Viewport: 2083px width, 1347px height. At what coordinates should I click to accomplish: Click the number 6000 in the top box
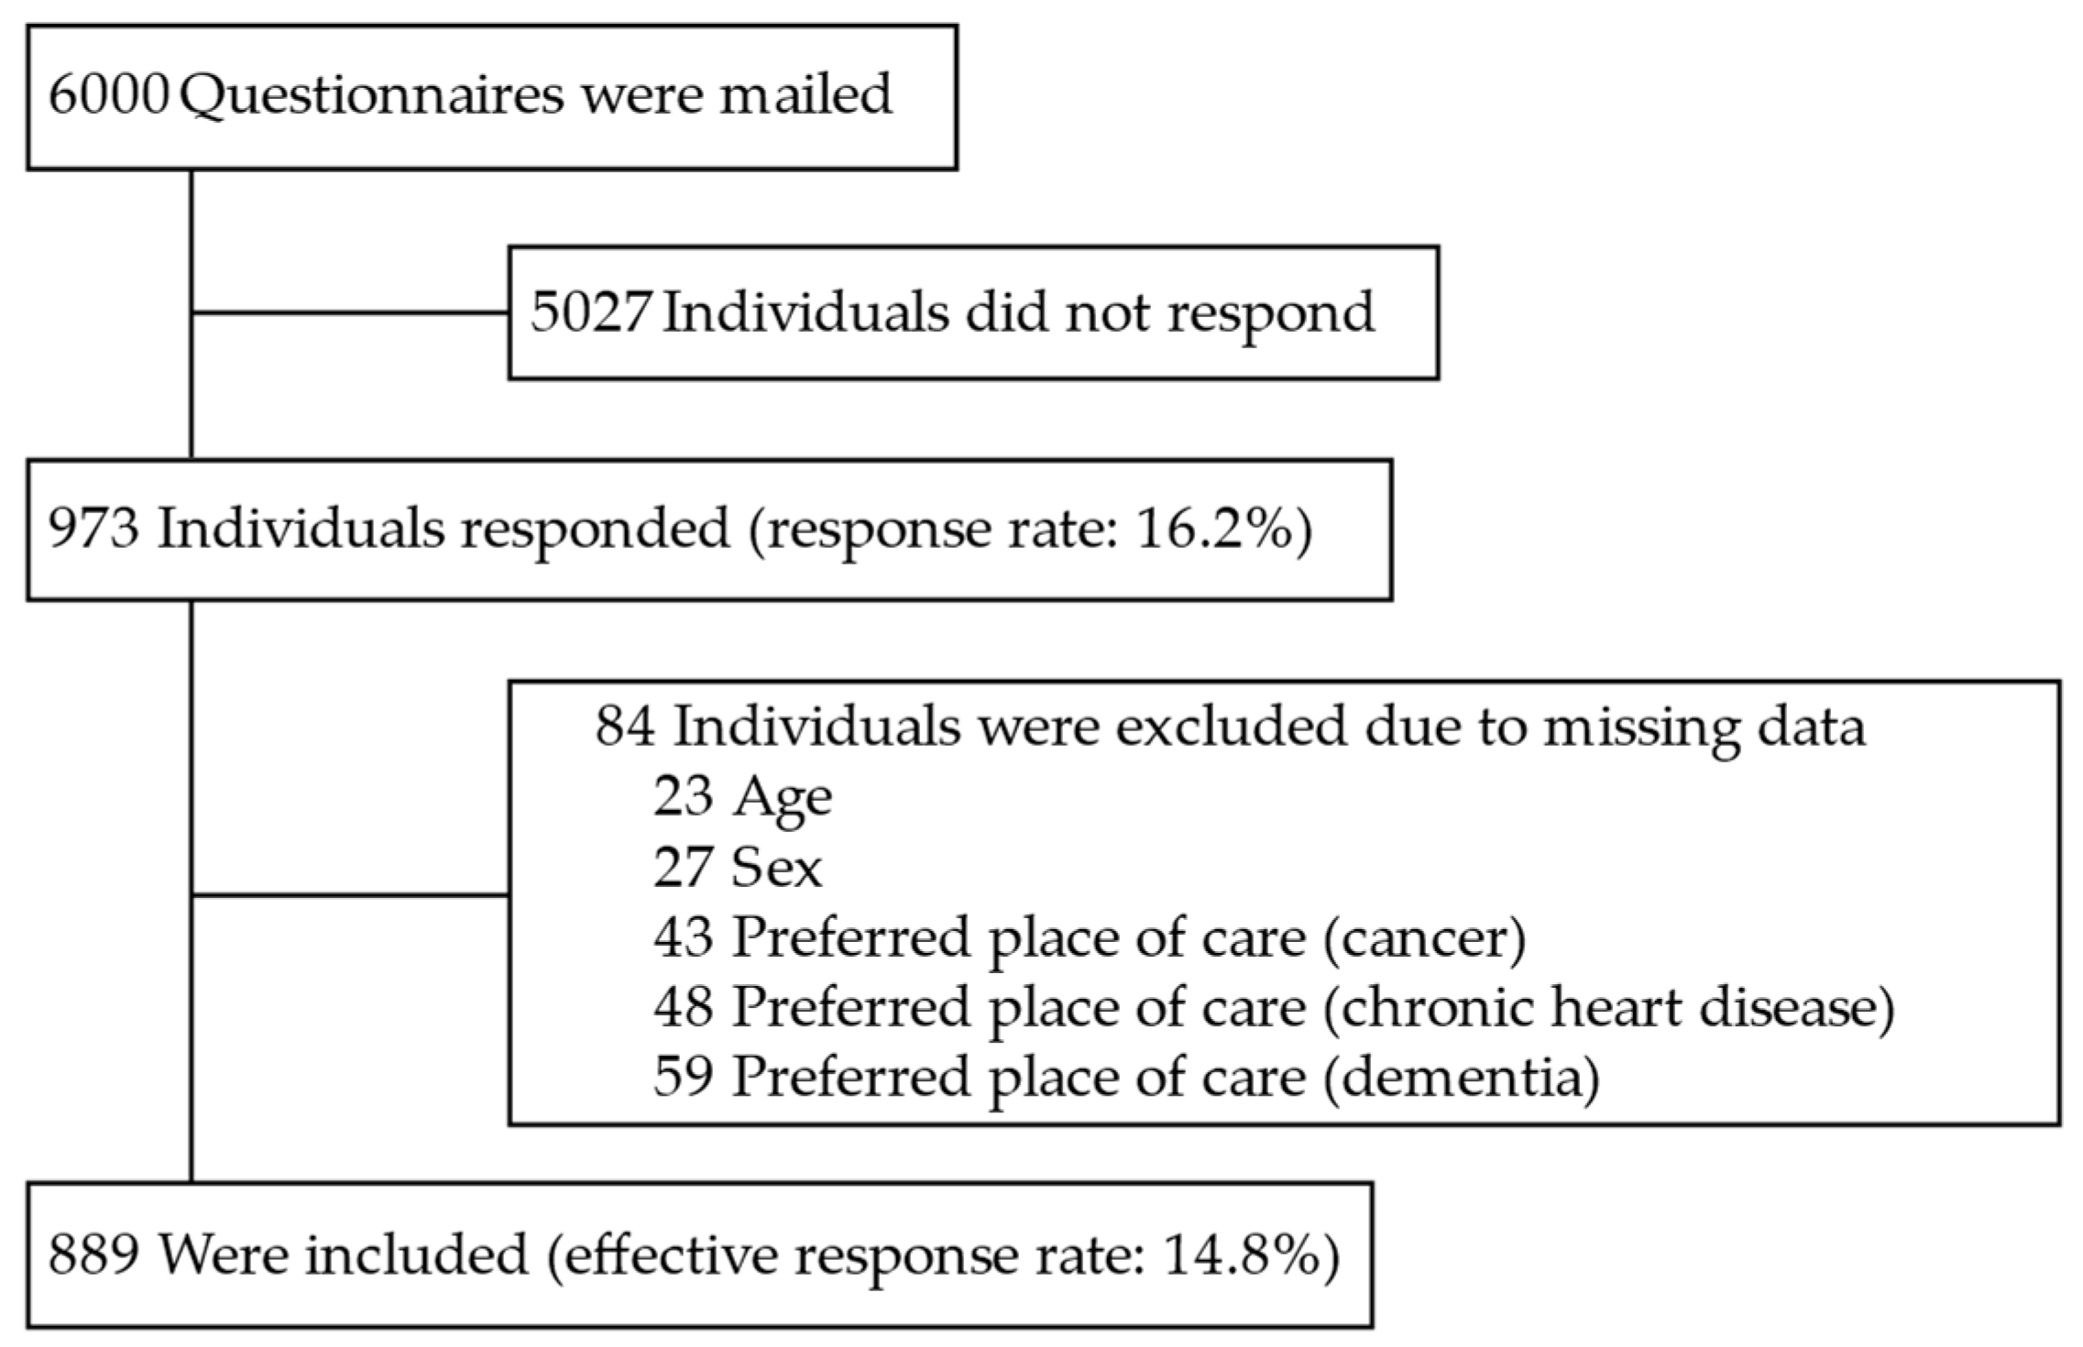pyautogui.click(x=108, y=94)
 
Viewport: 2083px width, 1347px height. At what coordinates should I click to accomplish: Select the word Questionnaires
pyautogui.click(x=371, y=96)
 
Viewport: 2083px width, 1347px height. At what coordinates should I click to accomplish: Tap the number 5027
pyautogui.click(x=591, y=312)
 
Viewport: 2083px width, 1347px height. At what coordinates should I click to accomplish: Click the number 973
pyautogui.click(x=93, y=529)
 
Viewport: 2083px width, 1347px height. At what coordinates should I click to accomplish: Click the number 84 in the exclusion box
pyautogui.click(x=625, y=727)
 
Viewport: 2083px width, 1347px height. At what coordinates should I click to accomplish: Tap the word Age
pyautogui.click(x=782, y=798)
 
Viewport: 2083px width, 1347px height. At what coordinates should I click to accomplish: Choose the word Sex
pyautogui.click(x=776, y=867)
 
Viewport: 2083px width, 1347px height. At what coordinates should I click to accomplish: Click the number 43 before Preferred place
pyautogui.click(x=683, y=936)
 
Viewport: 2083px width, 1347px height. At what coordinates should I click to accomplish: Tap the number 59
pyautogui.click(x=683, y=1076)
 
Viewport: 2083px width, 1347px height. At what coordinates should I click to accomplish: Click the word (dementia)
pyautogui.click(x=1462, y=1078)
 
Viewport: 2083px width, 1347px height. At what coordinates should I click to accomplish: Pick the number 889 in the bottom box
pyautogui.click(x=93, y=1254)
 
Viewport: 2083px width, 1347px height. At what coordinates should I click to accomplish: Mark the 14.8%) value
pyautogui.click(x=1249, y=1254)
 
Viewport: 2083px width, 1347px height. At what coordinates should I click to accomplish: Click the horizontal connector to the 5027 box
pyautogui.click(x=350, y=312)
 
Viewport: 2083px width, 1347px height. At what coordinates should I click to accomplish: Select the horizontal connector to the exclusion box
pyautogui.click(x=350, y=894)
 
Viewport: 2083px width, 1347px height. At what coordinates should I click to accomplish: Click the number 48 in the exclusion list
pyautogui.click(x=683, y=1006)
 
